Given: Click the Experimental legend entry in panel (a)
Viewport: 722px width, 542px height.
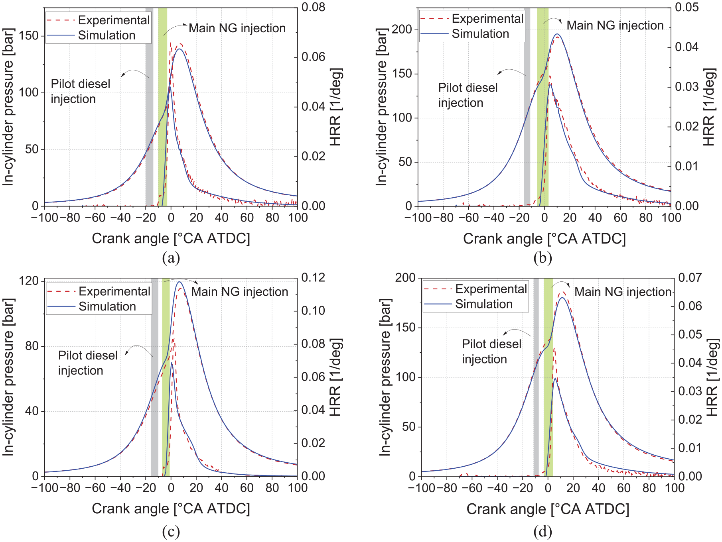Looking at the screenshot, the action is click(x=98, y=20).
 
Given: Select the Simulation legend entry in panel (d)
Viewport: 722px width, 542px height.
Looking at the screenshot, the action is click(x=468, y=304).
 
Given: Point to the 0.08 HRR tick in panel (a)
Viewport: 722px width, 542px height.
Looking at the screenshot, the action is click(x=314, y=7).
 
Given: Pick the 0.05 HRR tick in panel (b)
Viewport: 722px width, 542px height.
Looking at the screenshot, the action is click(x=687, y=7).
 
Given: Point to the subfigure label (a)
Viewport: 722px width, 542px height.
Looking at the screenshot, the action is click(x=171, y=258).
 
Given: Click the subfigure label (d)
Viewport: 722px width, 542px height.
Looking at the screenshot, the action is click(x=543, y=531).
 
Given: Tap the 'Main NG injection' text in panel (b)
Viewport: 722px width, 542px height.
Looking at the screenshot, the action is click(x=615, y=25).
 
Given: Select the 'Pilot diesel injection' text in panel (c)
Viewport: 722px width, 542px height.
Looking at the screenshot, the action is click(x=88, y=363).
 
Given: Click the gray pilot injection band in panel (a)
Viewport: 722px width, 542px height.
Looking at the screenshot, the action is click(x=149, y=107).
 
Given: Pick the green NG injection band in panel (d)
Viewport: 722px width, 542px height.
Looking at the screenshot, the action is click(x=548, y=377).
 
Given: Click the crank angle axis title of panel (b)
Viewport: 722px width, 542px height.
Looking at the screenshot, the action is click(x=544, y=238).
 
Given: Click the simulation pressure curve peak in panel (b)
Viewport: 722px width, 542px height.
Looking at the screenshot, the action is click(x=557, y=34).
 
